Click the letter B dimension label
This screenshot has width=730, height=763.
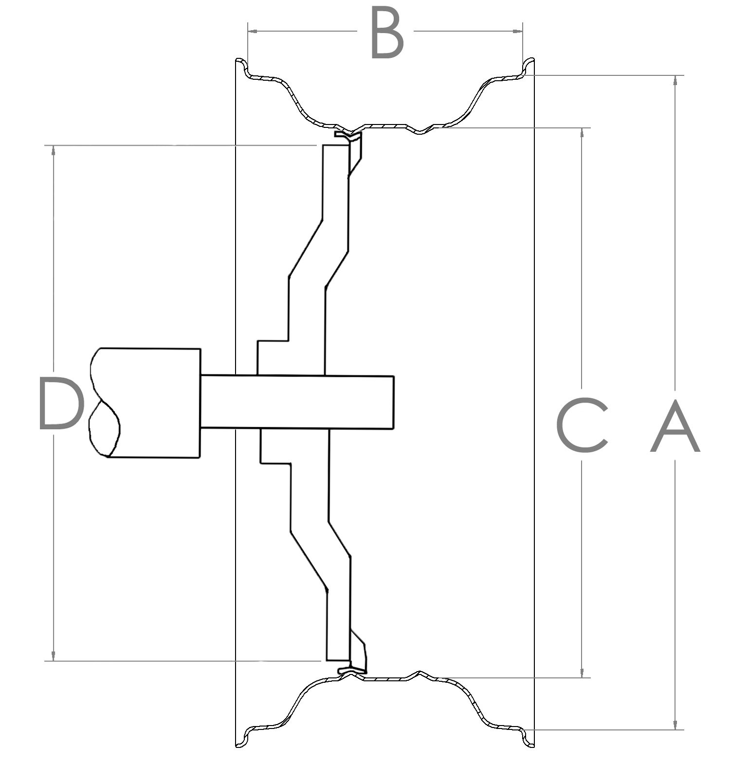[x=387, y=33]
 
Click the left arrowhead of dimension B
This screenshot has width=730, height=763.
[x=252, y=32]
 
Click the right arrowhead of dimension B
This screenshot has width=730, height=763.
[x=518, y=32]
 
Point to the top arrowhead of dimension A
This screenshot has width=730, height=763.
[x=675, y=81]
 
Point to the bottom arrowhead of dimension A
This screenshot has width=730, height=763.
[x=675, y=724]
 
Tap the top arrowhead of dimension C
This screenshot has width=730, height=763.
[x=582, y=133]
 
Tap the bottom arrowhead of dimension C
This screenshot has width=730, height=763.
[x=582, y=672]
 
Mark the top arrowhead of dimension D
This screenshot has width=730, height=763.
[x=54, y=151]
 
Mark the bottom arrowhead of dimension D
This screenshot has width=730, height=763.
[x=54, y=656]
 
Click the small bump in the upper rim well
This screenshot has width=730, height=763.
[x=420, y=131]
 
